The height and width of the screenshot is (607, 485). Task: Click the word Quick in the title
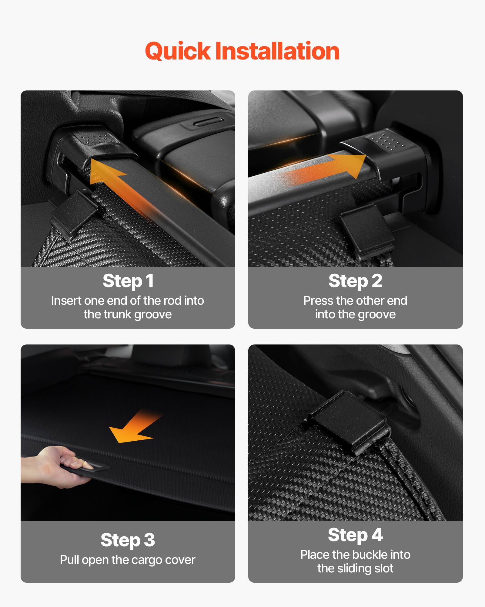pos(177,51)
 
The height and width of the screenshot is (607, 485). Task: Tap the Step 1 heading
pos(128,281)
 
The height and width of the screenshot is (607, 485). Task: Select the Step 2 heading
pos(355,281)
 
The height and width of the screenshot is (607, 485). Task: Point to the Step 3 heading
pos(128,540)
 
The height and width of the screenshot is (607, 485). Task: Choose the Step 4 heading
pos(355,535)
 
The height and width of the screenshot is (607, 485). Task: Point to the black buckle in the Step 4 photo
pos(349,422)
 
